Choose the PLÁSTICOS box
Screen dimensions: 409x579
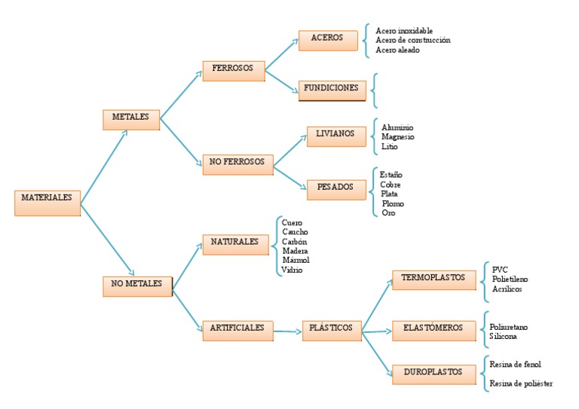[x=332, y=330]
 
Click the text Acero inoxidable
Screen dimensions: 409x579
[x=404, y=31]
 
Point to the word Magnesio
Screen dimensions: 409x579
[x=397, y=137]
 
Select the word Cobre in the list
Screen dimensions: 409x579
[x=391, y=185]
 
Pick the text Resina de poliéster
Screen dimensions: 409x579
[x=521, y=383]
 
